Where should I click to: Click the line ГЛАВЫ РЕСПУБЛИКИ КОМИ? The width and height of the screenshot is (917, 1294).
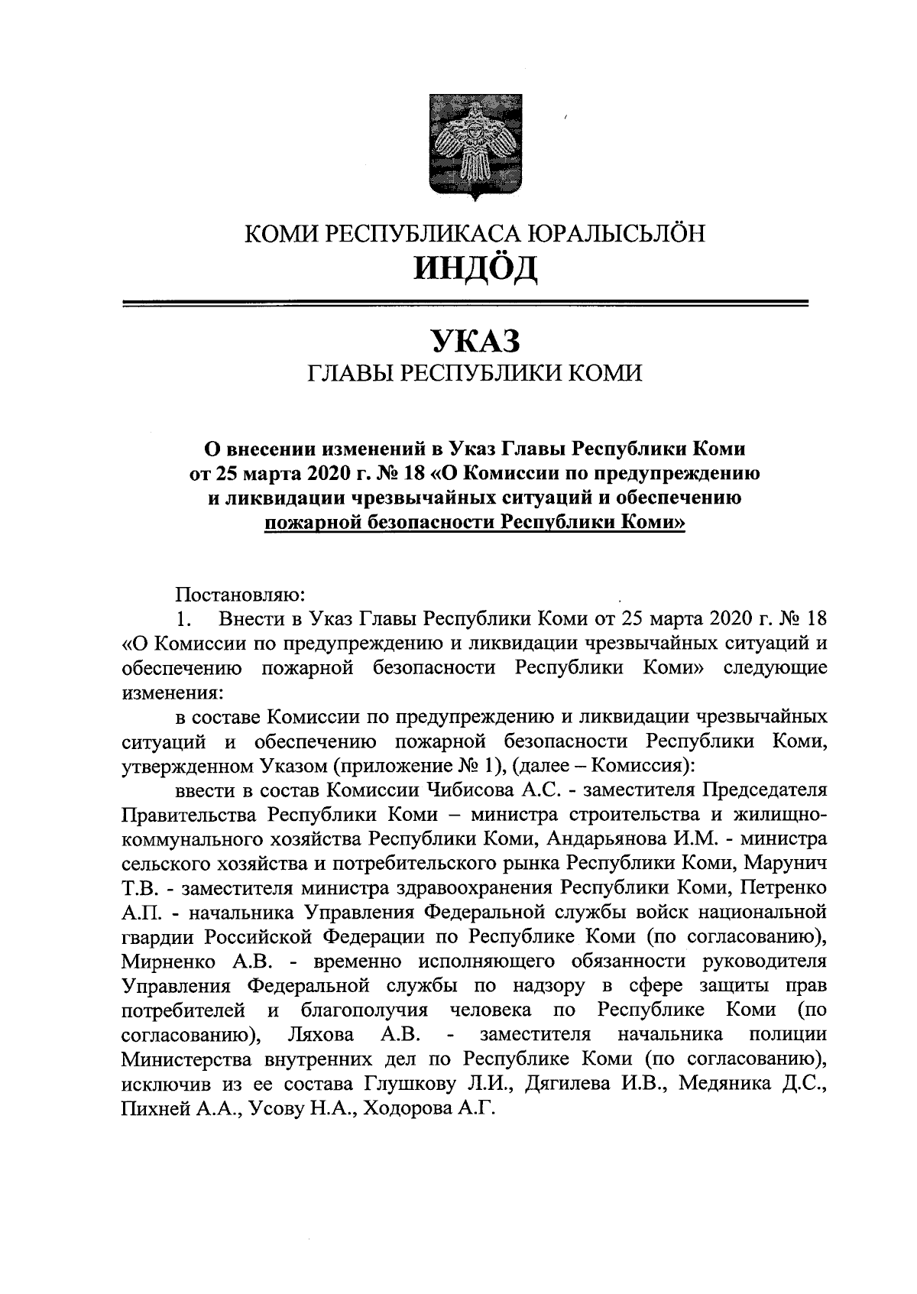coord(474,373)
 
